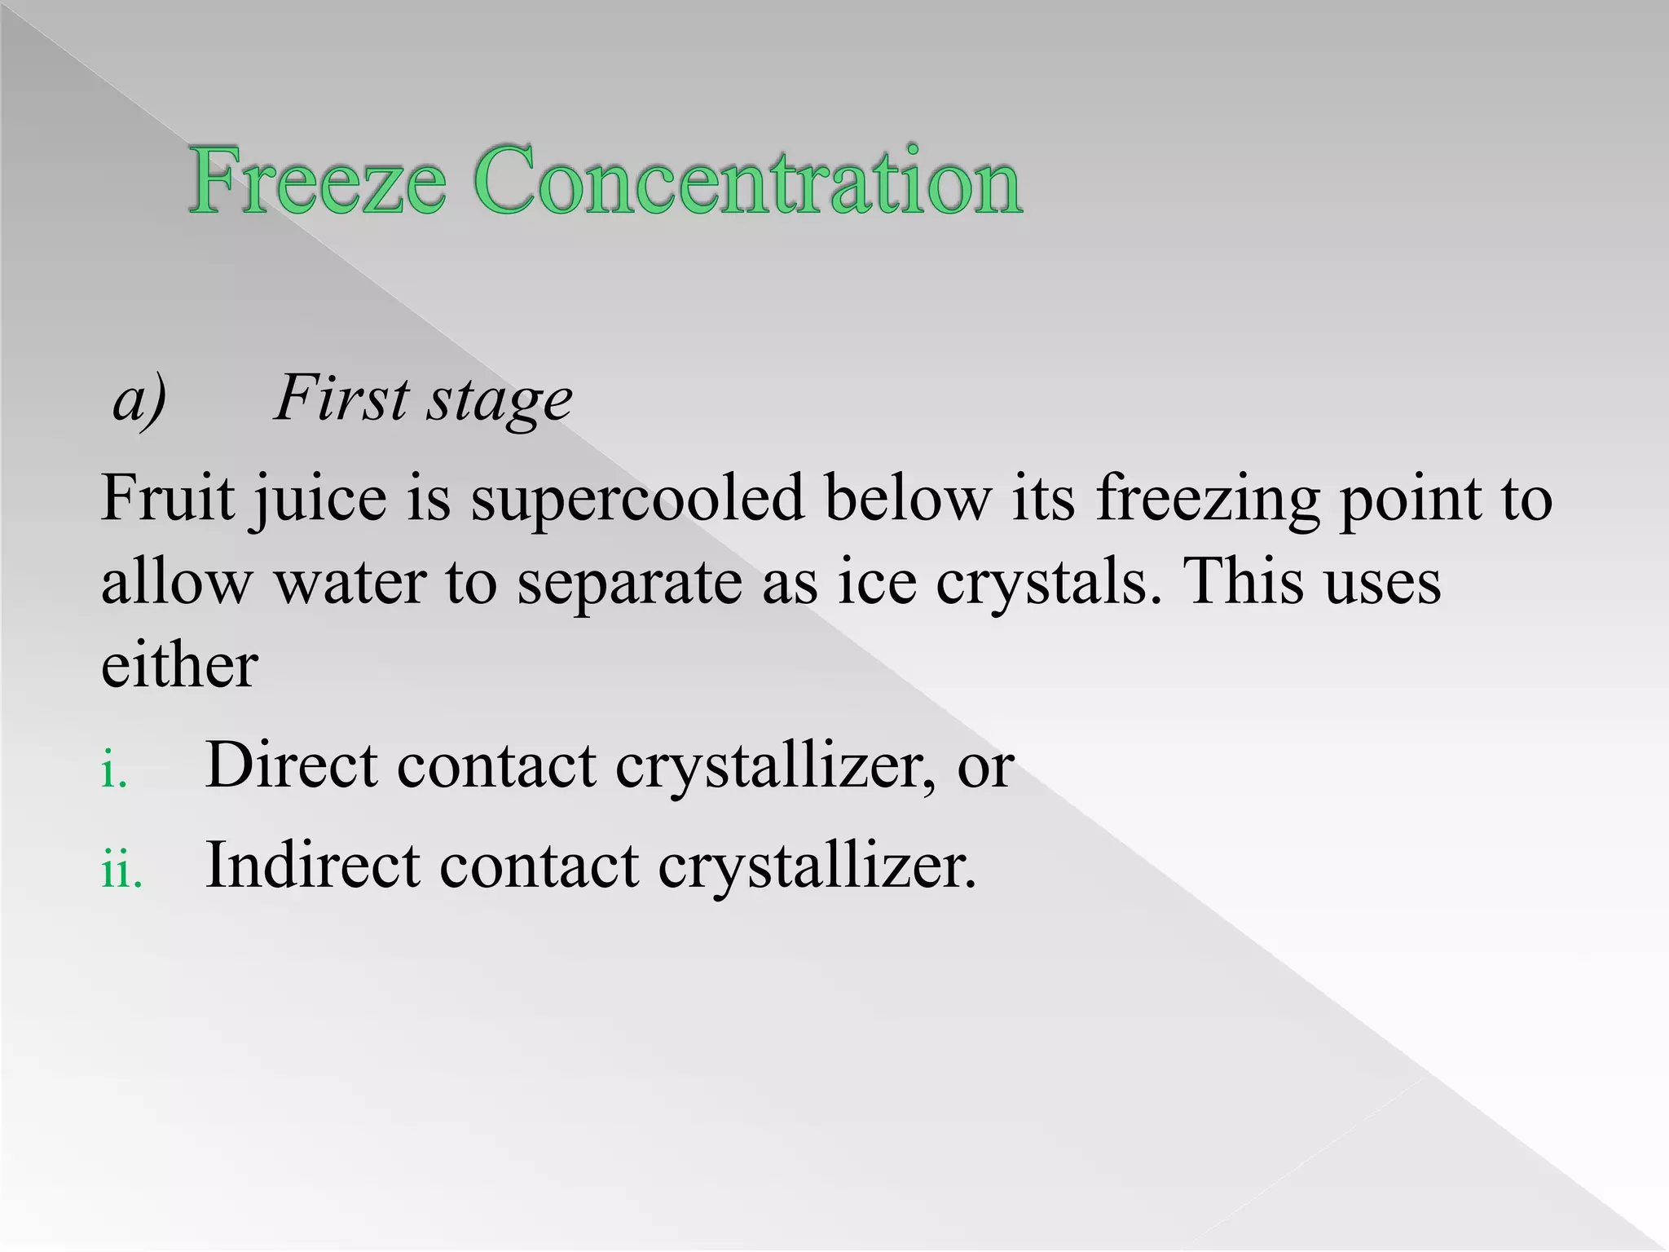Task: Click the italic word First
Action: click(x=341, y=399)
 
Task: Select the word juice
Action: click(x=319, y=501)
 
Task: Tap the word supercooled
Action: click(x=637, y=499)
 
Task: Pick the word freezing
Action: click(x=1207, y=499)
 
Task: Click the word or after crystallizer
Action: click(x=985, y=768)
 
